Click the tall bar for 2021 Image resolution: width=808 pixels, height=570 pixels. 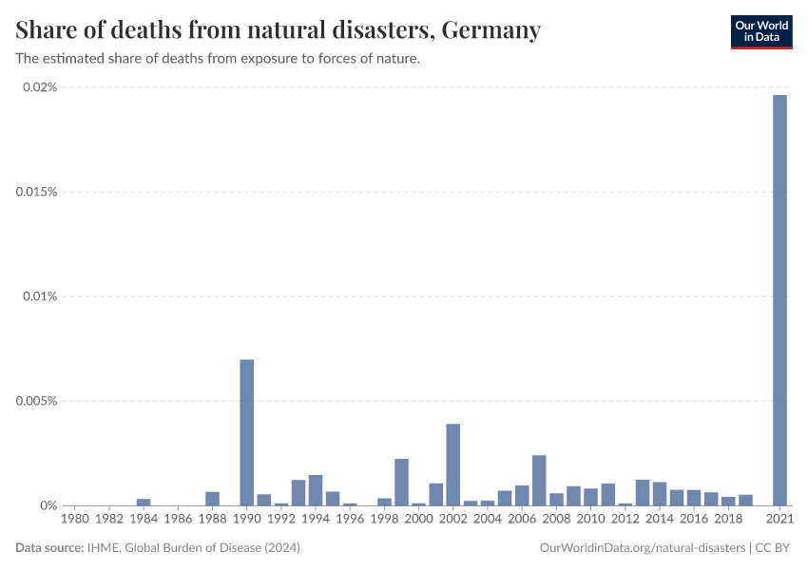click(779, 299)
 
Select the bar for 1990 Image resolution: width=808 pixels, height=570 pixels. click(247, 432)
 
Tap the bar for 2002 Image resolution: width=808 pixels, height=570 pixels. click(453, 465)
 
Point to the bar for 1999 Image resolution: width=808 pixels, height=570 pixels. click(401, 482)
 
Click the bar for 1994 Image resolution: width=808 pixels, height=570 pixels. click(316, 490)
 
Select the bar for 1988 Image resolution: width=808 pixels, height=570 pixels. click(213, 498)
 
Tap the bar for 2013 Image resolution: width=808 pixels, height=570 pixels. click(643, 492)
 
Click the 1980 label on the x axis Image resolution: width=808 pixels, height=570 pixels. click(75, 520)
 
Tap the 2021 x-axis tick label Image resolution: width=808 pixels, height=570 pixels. click(779, 520)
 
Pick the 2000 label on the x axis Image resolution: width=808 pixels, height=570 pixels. click(418, 520)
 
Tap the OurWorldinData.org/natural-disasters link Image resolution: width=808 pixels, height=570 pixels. click(642, 548)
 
